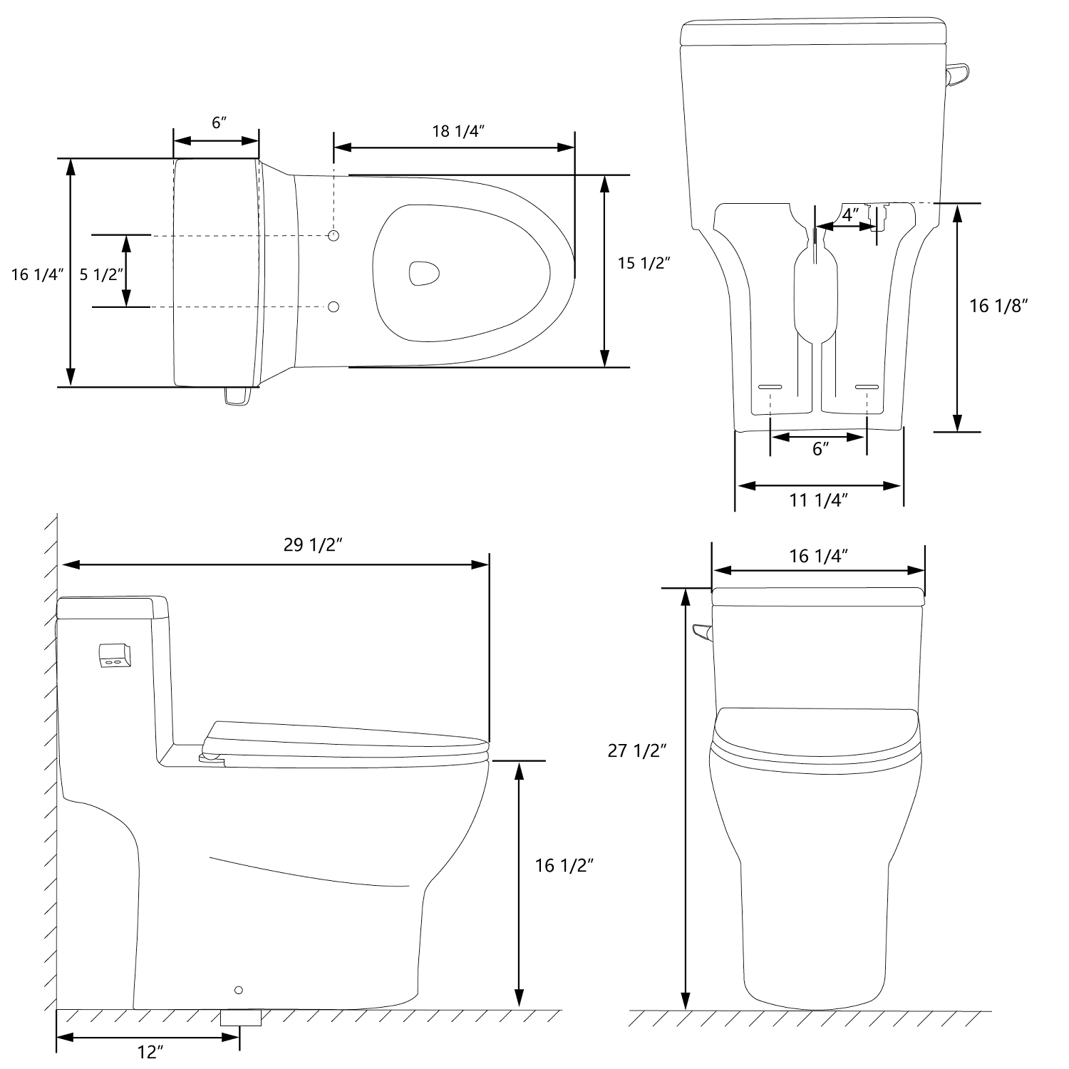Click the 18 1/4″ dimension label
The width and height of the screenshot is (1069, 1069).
[458, 131]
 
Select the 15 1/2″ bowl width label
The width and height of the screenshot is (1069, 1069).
[644, 263]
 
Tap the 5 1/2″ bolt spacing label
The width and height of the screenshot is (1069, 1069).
[102, 274]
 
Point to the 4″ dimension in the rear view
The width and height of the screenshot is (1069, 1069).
[850, 214]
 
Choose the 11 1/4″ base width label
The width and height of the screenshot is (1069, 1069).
[818, 500]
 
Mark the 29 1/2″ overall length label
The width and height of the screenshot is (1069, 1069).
[314, 545]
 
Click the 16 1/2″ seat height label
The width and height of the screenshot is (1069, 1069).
[564, 865]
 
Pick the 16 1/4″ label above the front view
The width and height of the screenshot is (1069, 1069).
[818, 556]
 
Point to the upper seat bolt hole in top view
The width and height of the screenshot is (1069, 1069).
[334, 235]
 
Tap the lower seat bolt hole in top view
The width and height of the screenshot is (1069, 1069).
[334, 307]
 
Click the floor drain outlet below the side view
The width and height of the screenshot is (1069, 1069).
[241, 1017]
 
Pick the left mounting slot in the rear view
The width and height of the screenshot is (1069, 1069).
[770, 386]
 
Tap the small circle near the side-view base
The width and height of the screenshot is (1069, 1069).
[239, 990]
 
